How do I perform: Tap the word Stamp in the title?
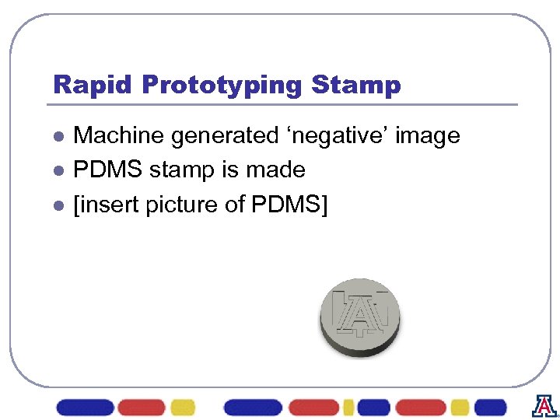pyautogui.click(x=354, y=85)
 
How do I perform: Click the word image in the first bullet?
pyautogui.click(x=428, y=137)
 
